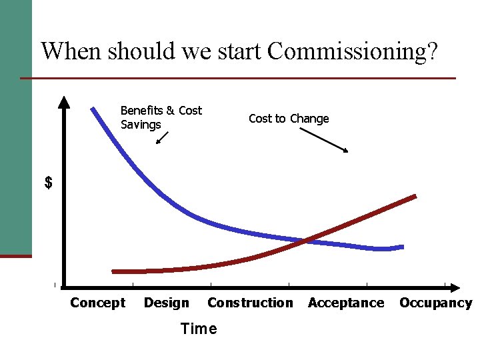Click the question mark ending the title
click(432, 51)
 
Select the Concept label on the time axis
click(97, 303)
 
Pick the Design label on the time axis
click(166, 303)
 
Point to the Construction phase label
click(250, 303)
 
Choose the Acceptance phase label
click(346, 303)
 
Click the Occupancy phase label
click(435, 303)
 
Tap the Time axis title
click(199, 329)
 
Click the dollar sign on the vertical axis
click(48, 183)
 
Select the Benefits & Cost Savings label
click(161, 117)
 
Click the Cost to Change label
click(289, 119)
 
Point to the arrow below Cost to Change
click(323, 140)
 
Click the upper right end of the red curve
click(415, 197)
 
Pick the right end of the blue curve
click(402, 247)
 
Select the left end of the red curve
click(113, 271)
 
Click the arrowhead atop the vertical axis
click(63, 102)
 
